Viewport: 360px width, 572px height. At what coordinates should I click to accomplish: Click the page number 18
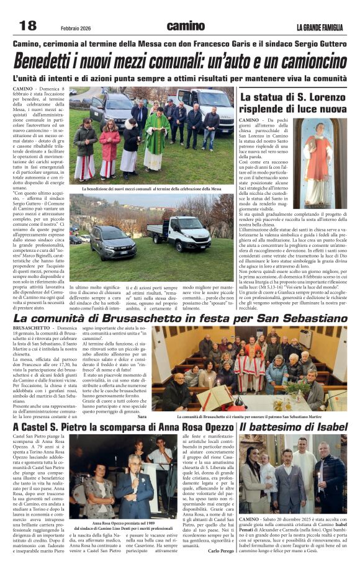pos(28,25)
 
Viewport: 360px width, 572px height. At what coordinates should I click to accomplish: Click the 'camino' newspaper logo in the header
pos(185,26)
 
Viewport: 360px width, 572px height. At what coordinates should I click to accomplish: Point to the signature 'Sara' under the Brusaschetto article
pos(142,417)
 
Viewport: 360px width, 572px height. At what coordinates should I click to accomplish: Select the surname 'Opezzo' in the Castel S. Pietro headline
pos(210,427)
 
